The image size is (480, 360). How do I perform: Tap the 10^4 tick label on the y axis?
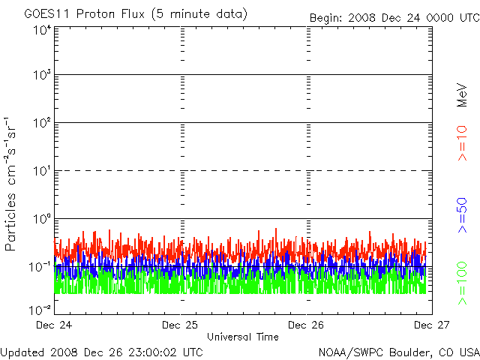coord(41,31)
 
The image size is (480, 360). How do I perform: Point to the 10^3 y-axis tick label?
coord(41,76)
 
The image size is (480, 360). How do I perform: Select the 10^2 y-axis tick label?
coord(41,123)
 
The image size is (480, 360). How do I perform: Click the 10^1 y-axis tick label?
coord(41,171)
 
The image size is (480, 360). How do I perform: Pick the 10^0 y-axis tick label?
coord(41,219)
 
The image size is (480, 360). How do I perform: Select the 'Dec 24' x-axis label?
coord(53,325)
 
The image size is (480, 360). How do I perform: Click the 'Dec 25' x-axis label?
coord(179,325)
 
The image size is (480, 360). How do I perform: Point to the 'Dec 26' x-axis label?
coord(305,325)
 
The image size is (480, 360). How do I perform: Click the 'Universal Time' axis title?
coord(242,337)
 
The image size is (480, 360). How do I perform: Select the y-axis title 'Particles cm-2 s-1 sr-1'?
coord(12,183)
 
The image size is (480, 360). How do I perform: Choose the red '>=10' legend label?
coord(462,143)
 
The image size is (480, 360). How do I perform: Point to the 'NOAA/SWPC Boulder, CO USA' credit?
coord(398,351)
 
